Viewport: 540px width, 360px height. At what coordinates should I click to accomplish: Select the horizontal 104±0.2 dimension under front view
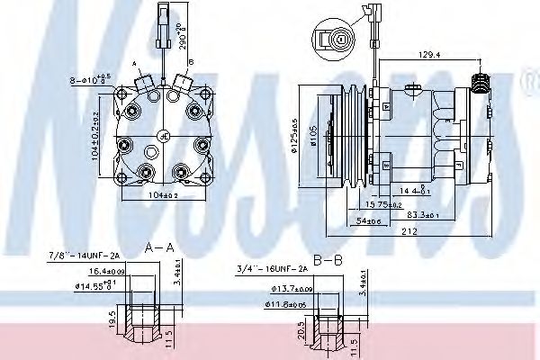[162, 195]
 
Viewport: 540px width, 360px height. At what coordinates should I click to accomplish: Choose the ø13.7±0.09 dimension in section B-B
[291, 290]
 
